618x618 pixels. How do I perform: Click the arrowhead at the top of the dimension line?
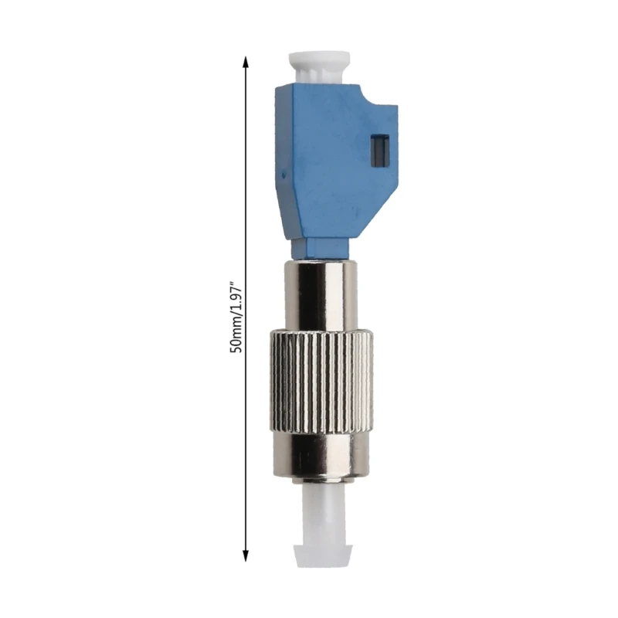246,63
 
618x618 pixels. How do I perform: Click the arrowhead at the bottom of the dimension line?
246,553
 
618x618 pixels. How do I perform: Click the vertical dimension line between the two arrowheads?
246,193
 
